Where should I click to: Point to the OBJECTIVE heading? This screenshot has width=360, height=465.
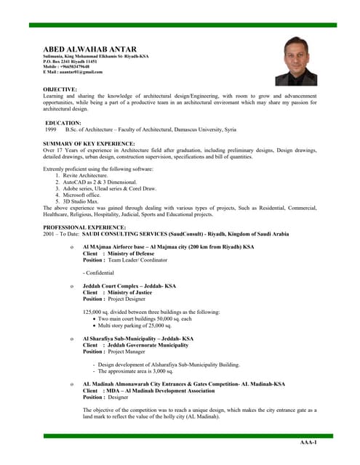(x=60, y=89)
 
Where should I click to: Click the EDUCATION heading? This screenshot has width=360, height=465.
(x=63, y=123)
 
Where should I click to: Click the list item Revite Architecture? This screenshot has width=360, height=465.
(x=87, y=176)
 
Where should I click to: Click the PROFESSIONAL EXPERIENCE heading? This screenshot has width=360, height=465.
(x=84, y=228)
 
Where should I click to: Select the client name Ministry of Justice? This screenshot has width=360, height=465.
(x=131, y=292)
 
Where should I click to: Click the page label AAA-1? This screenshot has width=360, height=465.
(x=308, y=442)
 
